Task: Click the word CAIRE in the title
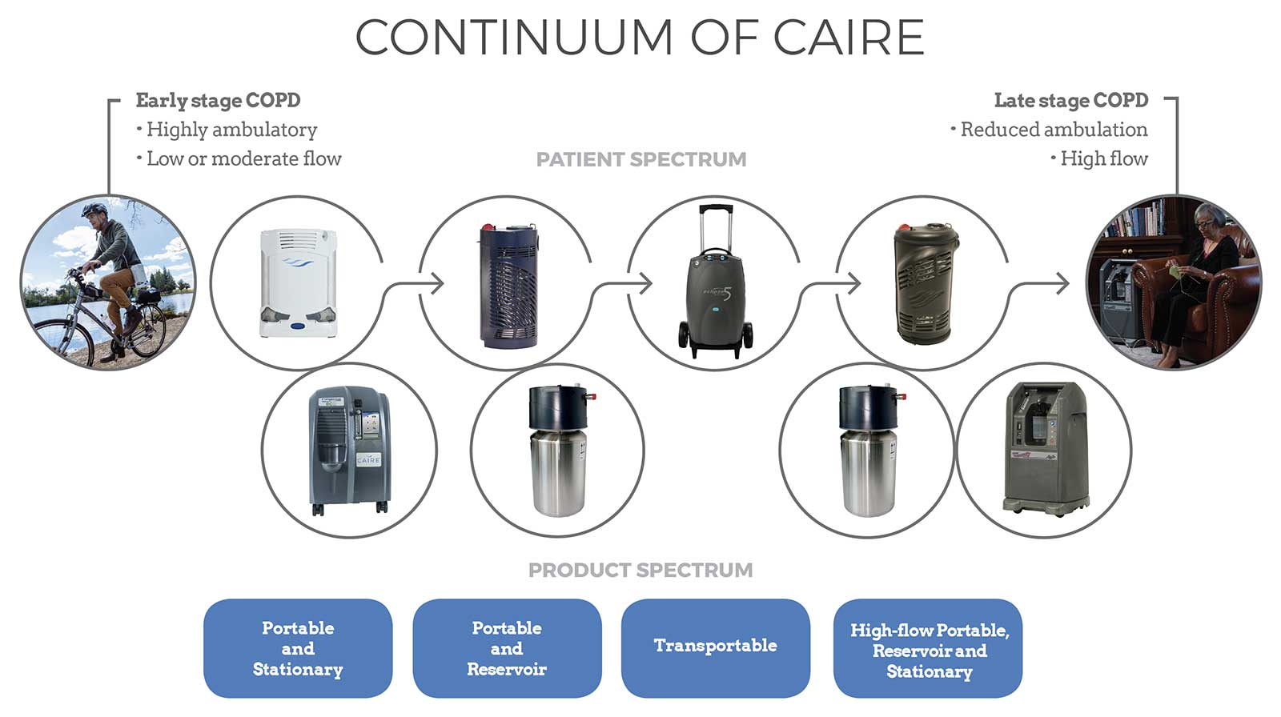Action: [x=849, y=38]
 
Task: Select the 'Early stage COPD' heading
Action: [x=218, y=101]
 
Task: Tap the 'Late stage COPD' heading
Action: [x=1071, y=101]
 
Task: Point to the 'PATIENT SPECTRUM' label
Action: [x=641, y=159]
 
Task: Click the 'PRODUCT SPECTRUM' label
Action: [x=640, y=570]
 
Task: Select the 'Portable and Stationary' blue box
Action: [x=298, y=648]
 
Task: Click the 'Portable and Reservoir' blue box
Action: [x=507, y=648]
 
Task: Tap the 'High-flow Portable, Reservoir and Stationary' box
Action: [x=928, y=648]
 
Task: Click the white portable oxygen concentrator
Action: [x=298, y=283]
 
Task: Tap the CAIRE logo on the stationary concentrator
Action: [x=368, y=459]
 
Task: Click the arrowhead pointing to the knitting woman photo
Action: [x=1062, y=283]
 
